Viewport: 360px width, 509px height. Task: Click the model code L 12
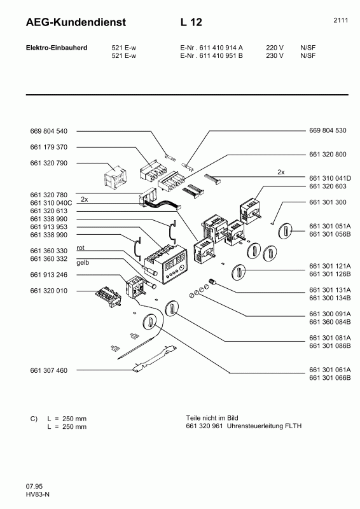pyautogui.click(x=191, y=23)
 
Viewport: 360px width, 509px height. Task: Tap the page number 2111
pyautogui.click(x=340, y=20)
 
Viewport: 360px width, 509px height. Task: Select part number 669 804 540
pyautogui.click(x=48, y=131)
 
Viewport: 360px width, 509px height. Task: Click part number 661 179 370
pyautogui.click(x=48, y=147)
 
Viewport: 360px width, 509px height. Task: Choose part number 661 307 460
pyautogui.click(x=48, y=370)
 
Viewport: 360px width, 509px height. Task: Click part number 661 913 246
pyautogui.click(x=48, y=275)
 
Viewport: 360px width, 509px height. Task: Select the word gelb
pyautogui.click(x=83, y=263)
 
